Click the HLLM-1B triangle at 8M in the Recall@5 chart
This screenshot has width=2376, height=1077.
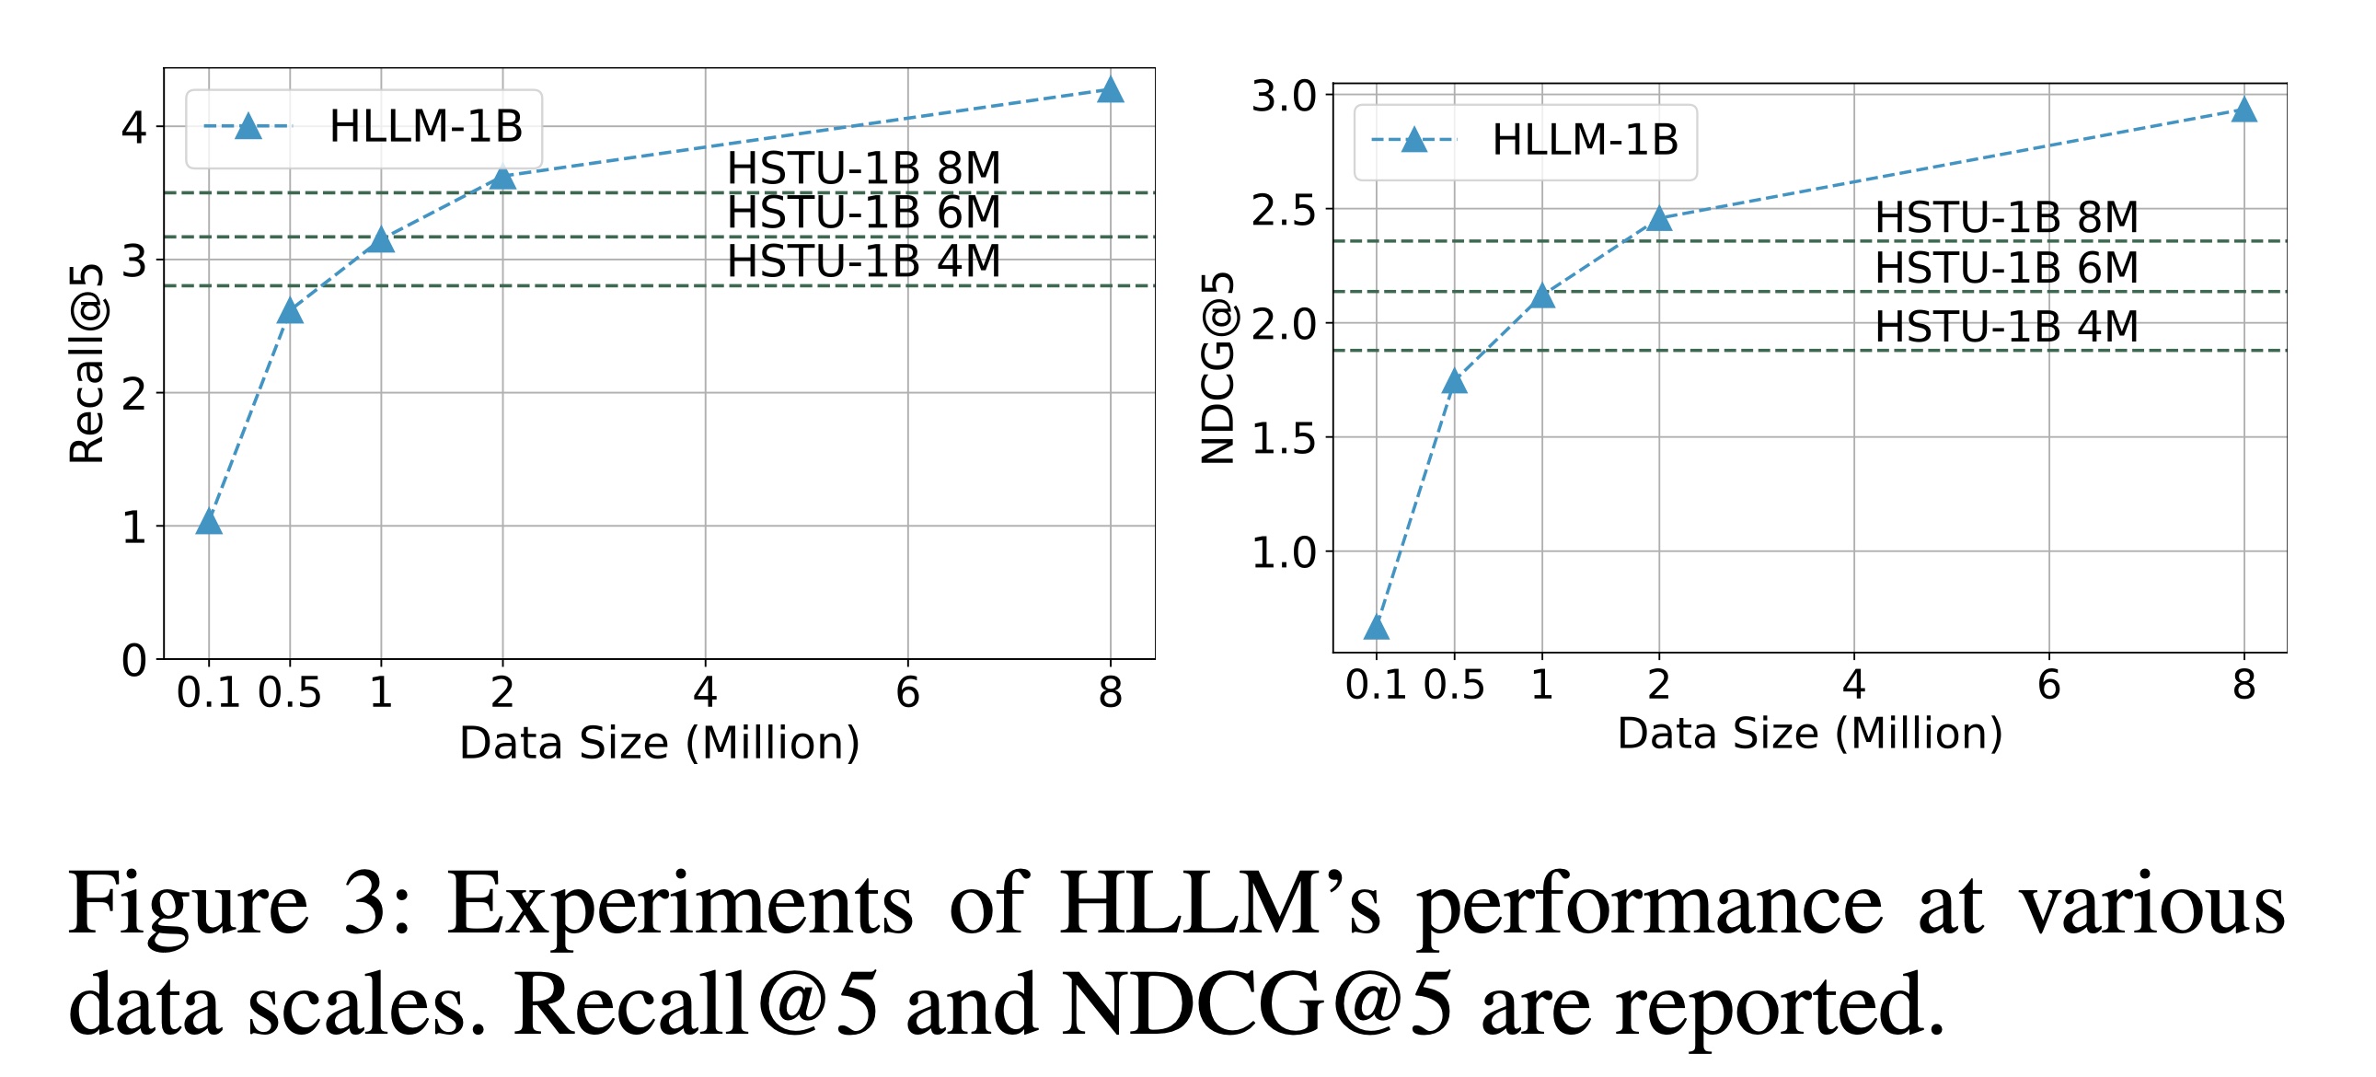pyautogui.click(x=1111, y=90)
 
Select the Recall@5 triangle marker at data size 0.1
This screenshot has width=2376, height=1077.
pyautogui.click(x=210, y=522)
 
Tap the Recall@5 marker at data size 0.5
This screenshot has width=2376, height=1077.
pyautogui.click(x=290, y=311)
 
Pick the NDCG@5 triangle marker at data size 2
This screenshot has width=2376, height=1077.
pyautogui.click(x=1659, y=219)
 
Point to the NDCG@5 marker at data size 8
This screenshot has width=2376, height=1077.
pyautogui.click(x=2244, y=110)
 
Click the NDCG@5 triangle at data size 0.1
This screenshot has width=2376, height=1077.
pyautogui.click(x=1376, y=629)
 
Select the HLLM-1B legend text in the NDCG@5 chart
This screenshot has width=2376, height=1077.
pyautogui.click(x=1585, y=140)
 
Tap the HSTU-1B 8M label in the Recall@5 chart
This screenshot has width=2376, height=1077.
pyautogui.click(x=863, y=168)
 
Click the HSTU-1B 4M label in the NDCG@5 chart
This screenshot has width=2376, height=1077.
pyautogui.click(x=2006, y=327)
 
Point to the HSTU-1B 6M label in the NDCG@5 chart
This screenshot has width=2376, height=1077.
pyautogui.click(x=2006, y=268)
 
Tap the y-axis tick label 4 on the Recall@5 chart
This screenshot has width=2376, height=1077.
pyautogui.click(x=133, y=127)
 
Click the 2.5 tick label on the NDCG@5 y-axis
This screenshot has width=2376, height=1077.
pyautogui.click(x=1284, y=211)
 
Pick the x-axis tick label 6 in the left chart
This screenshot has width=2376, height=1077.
pyautogui.click(x=907, y=692)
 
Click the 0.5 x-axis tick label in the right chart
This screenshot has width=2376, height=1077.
pyautogui.click(x=1454, y=685)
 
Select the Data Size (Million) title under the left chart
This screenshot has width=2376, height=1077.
pyautogui.click(x=660, y=743)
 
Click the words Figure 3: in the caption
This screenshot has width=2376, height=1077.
pyautogui.click(x=240, y=905)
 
